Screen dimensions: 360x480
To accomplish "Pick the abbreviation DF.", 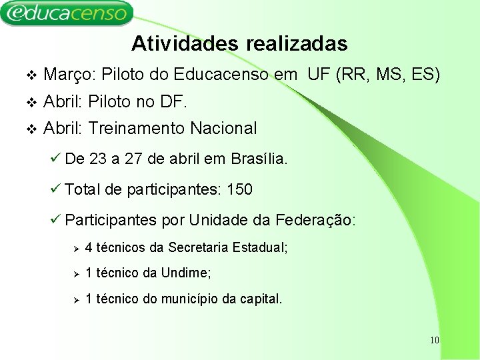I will (173, 101).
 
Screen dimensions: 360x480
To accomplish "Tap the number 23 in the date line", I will (97, 159).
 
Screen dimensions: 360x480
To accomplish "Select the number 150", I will (239, 190).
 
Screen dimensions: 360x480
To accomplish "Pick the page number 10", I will (434, 341).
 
